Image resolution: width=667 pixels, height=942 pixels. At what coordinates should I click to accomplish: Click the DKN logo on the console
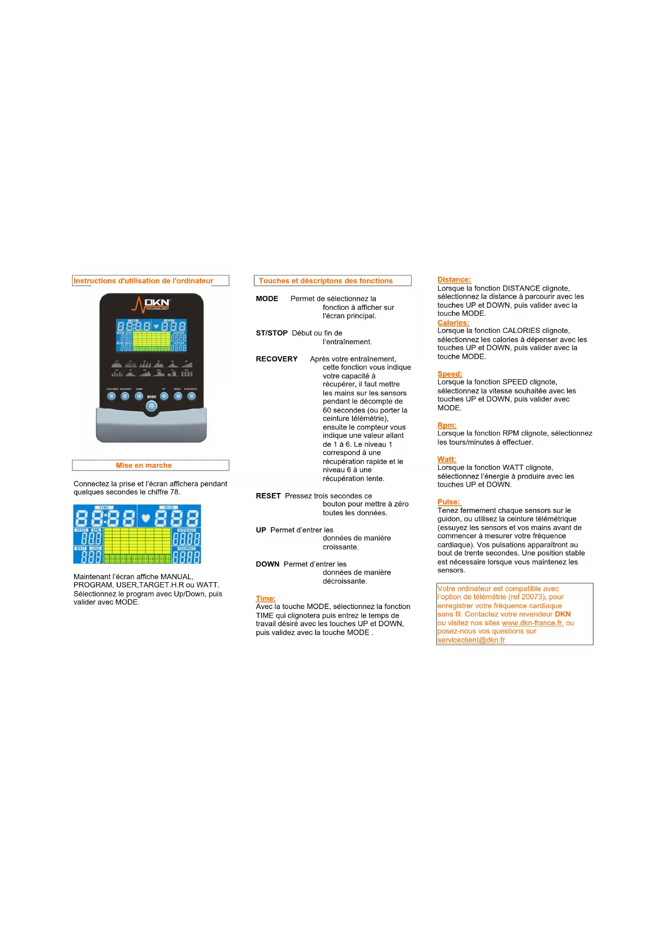(152, 305)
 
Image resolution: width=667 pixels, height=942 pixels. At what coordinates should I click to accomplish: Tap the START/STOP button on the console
(191, 396)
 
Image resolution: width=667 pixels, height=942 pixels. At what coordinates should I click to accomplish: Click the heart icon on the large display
(145, 518)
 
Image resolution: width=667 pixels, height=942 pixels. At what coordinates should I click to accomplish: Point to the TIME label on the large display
(104, 508)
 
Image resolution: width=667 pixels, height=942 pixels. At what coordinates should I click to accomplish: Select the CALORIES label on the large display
(187, 548)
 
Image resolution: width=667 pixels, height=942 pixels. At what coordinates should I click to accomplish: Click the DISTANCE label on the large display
(187, 530)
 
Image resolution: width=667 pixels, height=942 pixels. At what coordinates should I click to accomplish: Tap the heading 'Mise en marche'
(144, 466)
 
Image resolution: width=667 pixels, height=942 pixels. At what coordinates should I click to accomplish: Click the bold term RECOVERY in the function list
(277, 359)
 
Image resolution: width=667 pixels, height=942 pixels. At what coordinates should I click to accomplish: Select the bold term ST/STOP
(272, 333)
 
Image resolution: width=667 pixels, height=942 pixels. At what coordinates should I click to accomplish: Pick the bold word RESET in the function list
(268, 496)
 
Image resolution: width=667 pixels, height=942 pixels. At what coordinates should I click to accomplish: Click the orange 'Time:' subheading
(266, 598)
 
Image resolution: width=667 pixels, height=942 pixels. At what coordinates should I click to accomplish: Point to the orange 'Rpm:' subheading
(447, 425)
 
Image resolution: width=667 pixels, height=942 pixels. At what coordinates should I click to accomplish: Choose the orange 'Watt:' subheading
(447, 459)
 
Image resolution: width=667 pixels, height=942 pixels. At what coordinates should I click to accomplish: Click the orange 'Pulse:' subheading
(449, 502)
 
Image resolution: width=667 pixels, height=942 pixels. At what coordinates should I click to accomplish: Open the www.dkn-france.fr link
(533, 623)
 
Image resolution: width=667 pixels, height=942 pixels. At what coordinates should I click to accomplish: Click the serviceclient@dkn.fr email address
(471, 640)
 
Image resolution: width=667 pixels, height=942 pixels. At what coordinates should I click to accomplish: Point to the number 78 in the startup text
(175, 492)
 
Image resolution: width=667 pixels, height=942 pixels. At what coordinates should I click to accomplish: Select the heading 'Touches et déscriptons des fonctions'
(326, 281)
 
